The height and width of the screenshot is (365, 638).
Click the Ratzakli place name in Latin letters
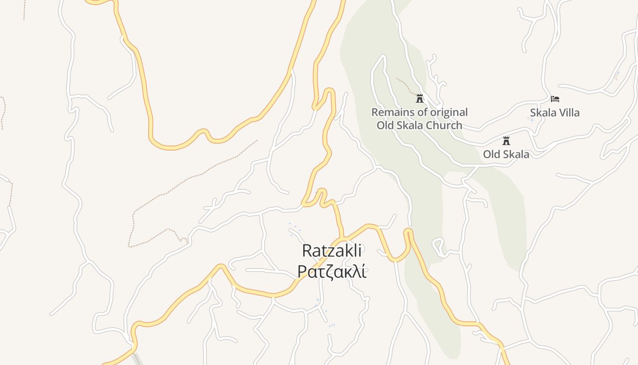(332, 250)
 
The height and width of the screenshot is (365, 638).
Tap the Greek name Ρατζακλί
(332, 271)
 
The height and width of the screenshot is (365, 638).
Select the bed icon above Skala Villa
(555, 99)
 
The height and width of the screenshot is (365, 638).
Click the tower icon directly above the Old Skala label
(506, 141)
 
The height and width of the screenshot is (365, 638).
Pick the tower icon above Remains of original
(419, 98)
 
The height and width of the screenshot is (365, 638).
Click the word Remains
(391, 112)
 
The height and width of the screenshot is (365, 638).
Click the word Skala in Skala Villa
(542, 113)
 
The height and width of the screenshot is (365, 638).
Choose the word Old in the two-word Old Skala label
(491, 154)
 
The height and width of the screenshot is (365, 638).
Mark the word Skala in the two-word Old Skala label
(516, 154)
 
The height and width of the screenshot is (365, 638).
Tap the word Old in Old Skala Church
(385, 125)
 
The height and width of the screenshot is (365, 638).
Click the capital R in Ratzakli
(307, 250)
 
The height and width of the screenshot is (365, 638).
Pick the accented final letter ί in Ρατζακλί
(363, 271)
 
